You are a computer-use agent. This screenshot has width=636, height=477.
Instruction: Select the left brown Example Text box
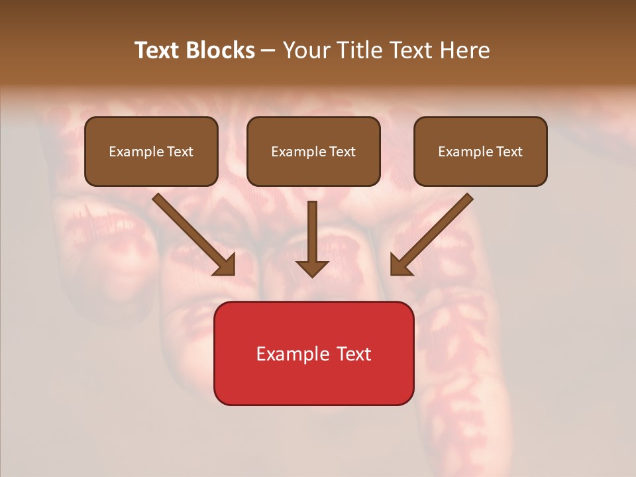tap(151, 151)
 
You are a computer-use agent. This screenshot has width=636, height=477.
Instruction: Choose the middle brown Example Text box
tap(313, 151)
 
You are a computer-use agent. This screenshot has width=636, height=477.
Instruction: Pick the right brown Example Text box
tap(480, 151)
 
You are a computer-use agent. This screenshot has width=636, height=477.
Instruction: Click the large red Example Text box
tap(313, 353)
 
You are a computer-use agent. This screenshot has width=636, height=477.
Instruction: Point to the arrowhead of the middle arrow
tap(312, 268)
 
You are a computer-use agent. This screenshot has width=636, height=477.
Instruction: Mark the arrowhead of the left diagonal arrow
tap(225, 265)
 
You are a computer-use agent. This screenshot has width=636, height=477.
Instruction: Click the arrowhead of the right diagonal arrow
tap(399, 265)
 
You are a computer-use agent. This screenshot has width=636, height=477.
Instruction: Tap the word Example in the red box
tap(289, 354)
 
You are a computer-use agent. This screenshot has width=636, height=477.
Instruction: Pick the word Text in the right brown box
tap(509, 152)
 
